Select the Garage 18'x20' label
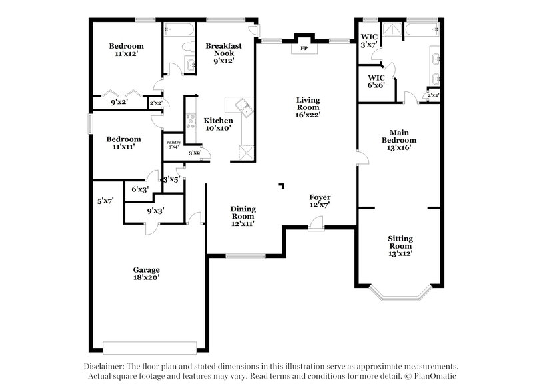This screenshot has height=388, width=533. coord(145,274)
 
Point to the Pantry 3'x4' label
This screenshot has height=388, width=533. coord(173,144)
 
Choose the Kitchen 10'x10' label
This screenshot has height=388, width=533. coord(217,124)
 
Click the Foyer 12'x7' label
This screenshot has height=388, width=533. coord(320,201)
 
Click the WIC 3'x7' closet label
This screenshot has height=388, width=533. coord(369,41)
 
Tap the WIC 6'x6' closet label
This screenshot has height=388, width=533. coord(376,81)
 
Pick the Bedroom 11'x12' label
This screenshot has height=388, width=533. coord(127,51)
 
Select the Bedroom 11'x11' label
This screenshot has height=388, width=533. coord(125,143)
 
